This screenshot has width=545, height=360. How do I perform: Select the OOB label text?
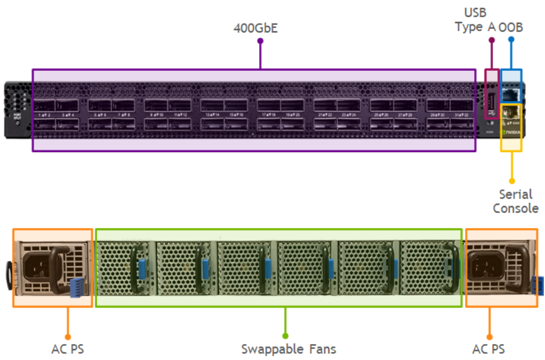(511, 27)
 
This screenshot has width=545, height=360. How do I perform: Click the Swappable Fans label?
(288, 349)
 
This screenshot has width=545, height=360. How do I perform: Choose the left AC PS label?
(67, 349)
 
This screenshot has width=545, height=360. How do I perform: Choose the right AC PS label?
(489, 349)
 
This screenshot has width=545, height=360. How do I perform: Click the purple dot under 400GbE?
(260, 41)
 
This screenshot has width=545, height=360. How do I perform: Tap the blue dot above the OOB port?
(511, 40)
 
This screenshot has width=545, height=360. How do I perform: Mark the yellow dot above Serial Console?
(512, 181)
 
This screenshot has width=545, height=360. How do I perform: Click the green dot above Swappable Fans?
(285, 336)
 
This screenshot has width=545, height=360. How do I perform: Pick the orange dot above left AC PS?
(67, 336)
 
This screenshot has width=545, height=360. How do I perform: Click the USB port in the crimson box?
(490, 101)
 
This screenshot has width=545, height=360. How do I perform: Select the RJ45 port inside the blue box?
(510, 94)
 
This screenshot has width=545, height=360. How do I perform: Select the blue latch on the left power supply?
(76, 287)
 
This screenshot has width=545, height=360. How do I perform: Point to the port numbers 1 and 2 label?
(43, 115)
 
